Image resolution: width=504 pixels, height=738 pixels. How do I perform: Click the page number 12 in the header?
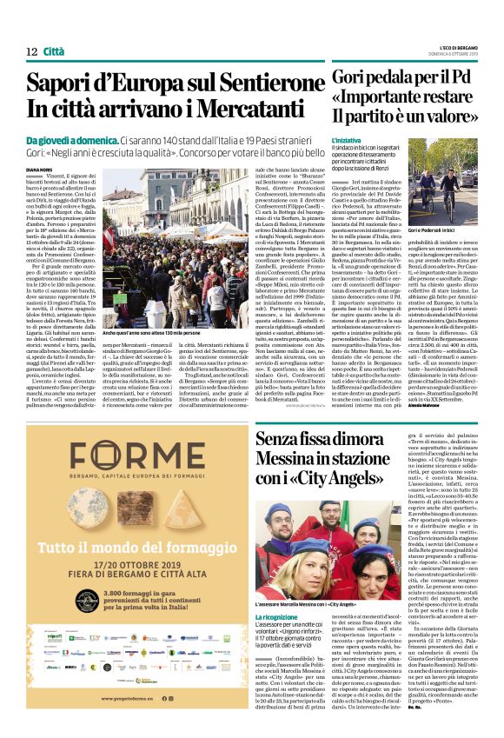pyautogui.click(x=31, y=51)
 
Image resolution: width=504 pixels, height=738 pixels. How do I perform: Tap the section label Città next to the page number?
pyautogui.click(x=53, y=51)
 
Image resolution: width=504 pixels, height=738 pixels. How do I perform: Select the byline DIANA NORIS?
pyautogui.click(x=40, y=170)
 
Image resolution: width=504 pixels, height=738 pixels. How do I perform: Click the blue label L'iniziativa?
pyautogui.click(x=346, y=139)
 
